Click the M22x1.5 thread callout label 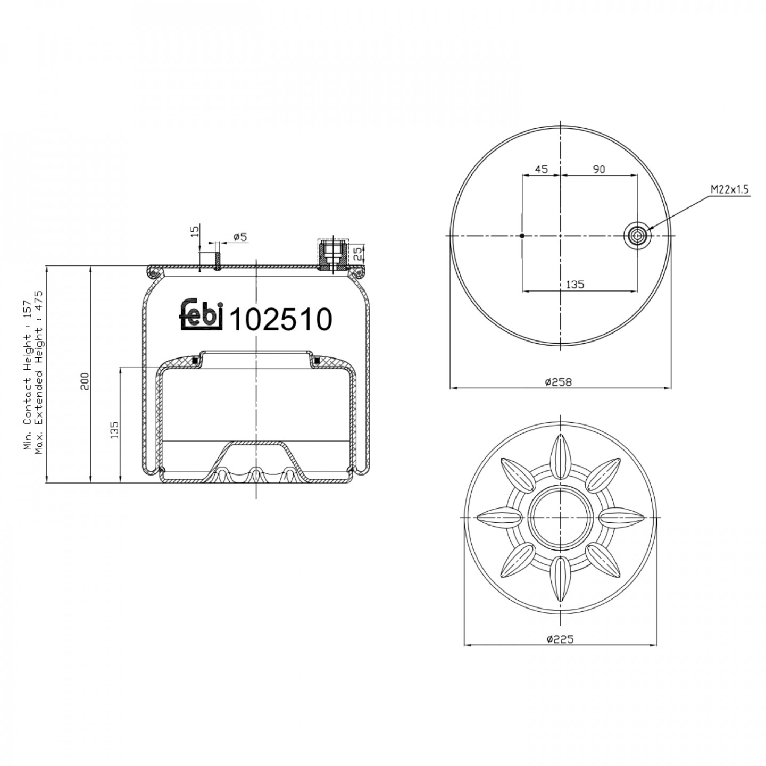[x=729, y=189]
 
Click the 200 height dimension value [x=86, y=381]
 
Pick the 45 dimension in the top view [x=541, y=169]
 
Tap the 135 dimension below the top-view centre [x=575, y=284]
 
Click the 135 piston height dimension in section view [x=114, y=430]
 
